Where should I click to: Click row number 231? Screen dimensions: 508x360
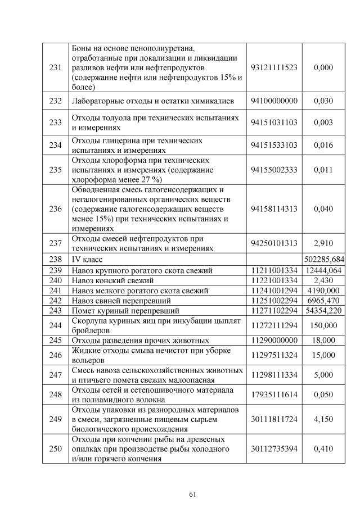[x=56, y=67]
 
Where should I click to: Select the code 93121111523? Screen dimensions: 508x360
[x=273, y=67]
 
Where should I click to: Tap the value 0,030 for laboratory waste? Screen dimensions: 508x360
[x=323, y=101]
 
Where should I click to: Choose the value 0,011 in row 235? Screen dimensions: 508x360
[x=323, y=169]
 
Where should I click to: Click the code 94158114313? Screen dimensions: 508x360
[x=273, y=208]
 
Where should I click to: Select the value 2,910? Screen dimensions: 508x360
[x=323, y=243]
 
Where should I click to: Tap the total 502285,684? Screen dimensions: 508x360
[x=323, y=260]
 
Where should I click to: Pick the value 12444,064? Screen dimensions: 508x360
[x=323, y=270]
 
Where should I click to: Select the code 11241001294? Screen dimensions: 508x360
[x=273, y=291]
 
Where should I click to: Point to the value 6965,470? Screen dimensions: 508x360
[x=323, y=301]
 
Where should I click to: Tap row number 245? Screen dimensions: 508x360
[x=56, y=341]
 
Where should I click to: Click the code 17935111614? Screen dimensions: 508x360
[x=273, y=395]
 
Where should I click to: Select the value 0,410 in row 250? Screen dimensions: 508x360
[x=323, y=448]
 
